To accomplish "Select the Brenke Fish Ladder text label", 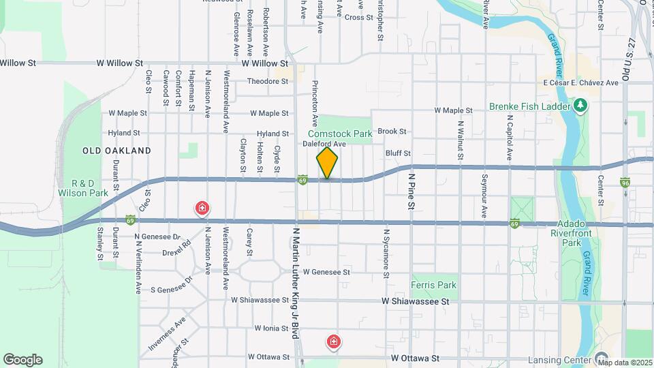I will click(527, 106).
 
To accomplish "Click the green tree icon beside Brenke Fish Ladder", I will click(580, 106).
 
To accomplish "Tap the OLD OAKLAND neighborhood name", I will click(116, 150).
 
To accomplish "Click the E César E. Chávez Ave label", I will click(580, 82).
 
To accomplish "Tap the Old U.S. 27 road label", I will click(632, 61).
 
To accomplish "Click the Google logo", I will click(22, 359).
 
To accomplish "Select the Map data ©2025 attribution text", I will click(625, 362).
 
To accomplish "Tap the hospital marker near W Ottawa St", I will click(334, 341).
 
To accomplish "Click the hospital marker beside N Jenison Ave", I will click(202, 208).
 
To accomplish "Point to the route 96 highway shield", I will click(626, 182).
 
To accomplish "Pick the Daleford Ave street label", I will click(325, 144).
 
